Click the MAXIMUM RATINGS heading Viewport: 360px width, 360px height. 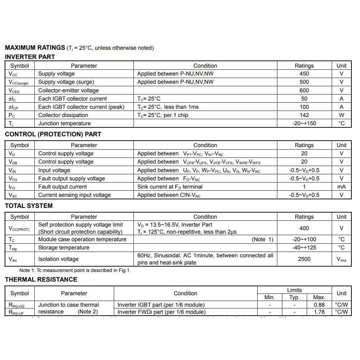35,48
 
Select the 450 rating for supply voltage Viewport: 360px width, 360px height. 304,74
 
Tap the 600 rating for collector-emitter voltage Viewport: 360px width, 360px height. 304,90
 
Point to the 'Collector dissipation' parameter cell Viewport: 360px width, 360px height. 63,115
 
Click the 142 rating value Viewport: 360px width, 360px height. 304,115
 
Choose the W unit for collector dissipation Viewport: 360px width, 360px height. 341,115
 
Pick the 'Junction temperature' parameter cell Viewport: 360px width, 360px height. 64,123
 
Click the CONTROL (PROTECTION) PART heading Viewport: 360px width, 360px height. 53,134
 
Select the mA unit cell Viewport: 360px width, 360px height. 341,187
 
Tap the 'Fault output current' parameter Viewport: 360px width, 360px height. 63,187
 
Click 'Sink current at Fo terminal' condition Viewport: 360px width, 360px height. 170,187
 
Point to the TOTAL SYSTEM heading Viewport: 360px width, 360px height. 29,206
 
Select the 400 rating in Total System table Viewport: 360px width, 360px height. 304,228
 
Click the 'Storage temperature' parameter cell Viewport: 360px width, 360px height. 64,248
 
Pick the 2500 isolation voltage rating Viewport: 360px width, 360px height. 304,259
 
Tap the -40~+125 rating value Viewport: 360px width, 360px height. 304,248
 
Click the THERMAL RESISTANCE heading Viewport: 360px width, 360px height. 41,279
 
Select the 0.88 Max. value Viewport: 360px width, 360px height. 319,305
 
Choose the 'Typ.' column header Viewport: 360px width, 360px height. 294,297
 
